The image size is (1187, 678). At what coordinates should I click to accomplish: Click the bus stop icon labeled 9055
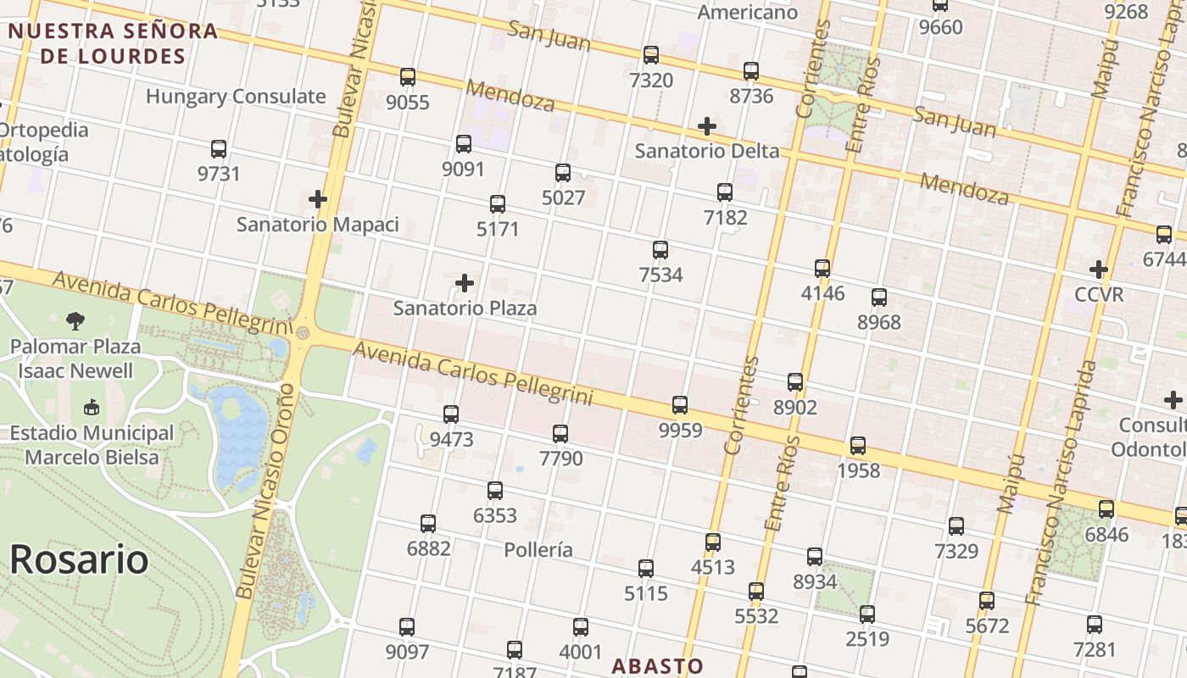[408, 77]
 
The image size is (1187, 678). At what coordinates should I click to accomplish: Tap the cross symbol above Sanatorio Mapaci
[318, 200]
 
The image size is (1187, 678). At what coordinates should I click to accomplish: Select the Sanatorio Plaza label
[465, 308]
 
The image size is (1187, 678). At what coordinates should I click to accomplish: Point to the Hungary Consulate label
[236, 97]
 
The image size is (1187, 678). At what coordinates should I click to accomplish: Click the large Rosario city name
[79, 560]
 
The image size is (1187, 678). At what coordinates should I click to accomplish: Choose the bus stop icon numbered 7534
[660, 250]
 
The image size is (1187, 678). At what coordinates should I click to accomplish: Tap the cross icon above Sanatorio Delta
[706, 127]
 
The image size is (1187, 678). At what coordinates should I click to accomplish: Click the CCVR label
[1098, 295]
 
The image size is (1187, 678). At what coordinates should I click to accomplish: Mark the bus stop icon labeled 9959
[680, 405]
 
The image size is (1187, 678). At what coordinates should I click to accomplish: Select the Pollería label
[538, 550]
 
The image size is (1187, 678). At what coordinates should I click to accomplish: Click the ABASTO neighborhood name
[658, 666]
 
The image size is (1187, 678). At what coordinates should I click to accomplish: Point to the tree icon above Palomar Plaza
[75, 321]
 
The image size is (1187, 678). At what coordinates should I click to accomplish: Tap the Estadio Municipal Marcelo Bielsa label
[92, 445]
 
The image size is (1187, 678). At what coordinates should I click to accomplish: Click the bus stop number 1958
[858, 470]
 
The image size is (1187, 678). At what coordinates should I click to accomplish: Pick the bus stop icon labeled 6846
[1106, 509]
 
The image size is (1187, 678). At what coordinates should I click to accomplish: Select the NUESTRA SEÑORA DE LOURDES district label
[114, 44]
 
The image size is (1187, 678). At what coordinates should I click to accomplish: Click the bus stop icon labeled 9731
[219, 149]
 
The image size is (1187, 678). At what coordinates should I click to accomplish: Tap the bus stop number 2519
[867, 639]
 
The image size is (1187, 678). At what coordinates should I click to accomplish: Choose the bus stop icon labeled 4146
[822, 269]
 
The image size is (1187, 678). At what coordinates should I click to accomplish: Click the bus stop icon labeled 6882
[428, 524]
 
